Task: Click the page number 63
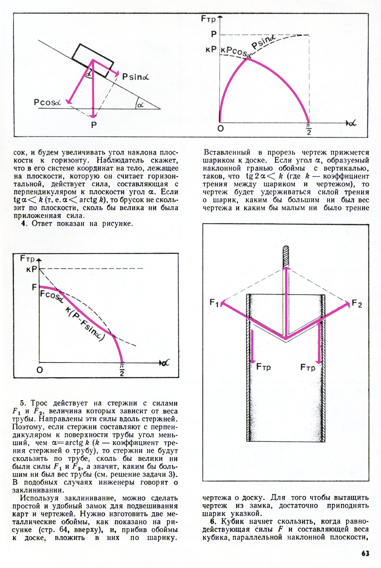365,553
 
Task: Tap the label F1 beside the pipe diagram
214,303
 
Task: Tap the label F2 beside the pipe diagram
357,304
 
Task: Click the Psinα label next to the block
135,77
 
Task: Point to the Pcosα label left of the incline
47,102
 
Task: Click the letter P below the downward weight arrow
94,125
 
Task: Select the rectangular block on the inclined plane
92,60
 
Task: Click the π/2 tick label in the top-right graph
309,129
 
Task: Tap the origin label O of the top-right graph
221,128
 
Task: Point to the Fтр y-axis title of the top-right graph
208,19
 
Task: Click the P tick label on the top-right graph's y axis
214,34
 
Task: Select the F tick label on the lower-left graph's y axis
34,287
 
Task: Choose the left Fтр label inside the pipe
263,367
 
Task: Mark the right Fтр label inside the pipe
308,368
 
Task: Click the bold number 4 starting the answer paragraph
23,224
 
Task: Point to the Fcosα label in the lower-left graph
51,297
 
